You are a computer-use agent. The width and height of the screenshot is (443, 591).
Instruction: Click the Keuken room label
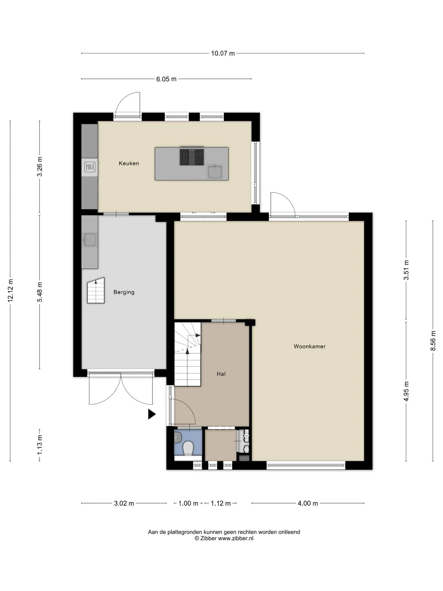click(129, 163)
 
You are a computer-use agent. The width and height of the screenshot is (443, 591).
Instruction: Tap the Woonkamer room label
click(309, 346)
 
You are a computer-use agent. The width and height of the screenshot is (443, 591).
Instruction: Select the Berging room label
click(124, 292)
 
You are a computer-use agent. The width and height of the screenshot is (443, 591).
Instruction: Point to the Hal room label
click(221, 374)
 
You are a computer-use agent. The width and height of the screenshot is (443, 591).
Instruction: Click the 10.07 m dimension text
click(223, 53)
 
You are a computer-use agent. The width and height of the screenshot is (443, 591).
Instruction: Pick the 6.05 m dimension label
click(166, 79)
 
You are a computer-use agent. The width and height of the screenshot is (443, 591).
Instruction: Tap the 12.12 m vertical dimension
click(10, 291)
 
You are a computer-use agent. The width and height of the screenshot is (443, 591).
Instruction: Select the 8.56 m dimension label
click(433, 341)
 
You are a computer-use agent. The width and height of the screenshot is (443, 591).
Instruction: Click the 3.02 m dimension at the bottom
click(124, 503)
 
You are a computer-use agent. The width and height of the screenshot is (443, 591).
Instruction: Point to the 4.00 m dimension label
click(308, 503)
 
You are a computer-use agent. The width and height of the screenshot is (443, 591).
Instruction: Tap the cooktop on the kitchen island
click(192, 157)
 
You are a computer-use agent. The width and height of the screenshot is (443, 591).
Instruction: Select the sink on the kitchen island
click(215, 171)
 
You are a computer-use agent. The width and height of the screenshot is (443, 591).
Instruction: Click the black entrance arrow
click(152, 414)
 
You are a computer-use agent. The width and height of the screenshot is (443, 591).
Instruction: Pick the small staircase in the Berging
click(96, 291)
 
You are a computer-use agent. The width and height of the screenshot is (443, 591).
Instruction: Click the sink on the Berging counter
click(90, 239)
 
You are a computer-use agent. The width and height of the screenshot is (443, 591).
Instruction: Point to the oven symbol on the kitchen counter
click(90, 167)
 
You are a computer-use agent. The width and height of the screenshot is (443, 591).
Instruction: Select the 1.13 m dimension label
click(40, 445)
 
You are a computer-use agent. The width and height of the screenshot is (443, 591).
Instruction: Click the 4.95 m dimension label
click(406, 391)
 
